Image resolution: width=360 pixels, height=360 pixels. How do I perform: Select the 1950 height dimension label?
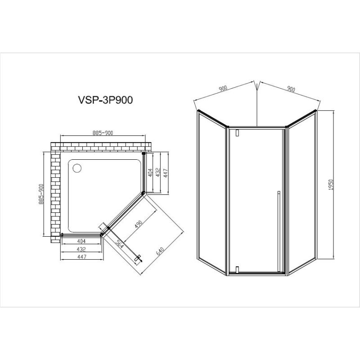pos(330,186)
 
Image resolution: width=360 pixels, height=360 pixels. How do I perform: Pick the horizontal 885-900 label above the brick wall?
pos(103,133)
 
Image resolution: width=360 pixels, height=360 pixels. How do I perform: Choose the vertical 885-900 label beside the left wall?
pos(41,194)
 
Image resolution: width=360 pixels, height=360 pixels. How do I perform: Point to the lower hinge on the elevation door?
pos(236,270)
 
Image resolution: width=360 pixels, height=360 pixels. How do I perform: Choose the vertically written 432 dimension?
pos(158,173)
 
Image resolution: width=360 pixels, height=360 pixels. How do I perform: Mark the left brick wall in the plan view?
pos(56,193)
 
